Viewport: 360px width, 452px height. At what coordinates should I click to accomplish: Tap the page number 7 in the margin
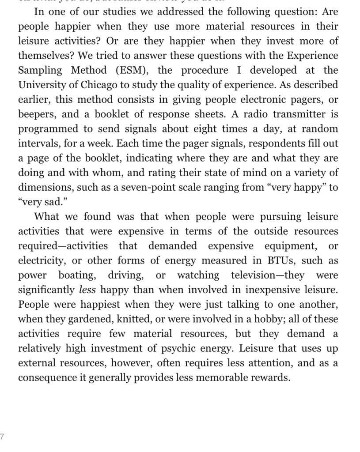pyautogui.click(x=2, y=437)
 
